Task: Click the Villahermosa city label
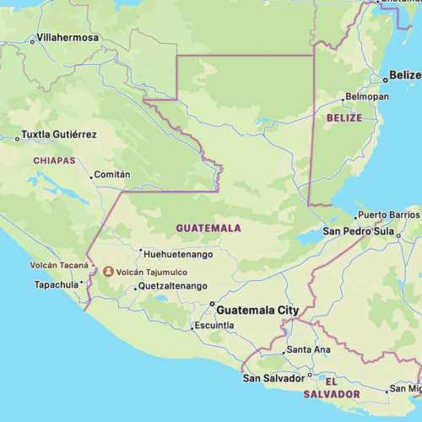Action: pos(68,38)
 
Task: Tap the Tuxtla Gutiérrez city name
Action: pos(58,135)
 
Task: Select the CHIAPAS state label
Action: pos(54,160)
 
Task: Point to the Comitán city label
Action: pos(114,175)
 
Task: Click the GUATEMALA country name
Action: pos(208,228)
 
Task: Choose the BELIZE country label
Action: pos(344,118)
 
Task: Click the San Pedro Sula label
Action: pos(360,231)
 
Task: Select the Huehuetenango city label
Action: pos(179,253)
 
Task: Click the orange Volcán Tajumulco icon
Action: pos(108,272)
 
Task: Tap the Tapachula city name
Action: pos(56,284)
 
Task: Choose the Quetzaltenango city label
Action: pos(173,287)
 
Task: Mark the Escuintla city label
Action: pos(214,326)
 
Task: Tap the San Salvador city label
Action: pos(274,377)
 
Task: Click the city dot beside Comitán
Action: pos(91,177)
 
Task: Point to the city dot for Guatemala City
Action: pos(212,305)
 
